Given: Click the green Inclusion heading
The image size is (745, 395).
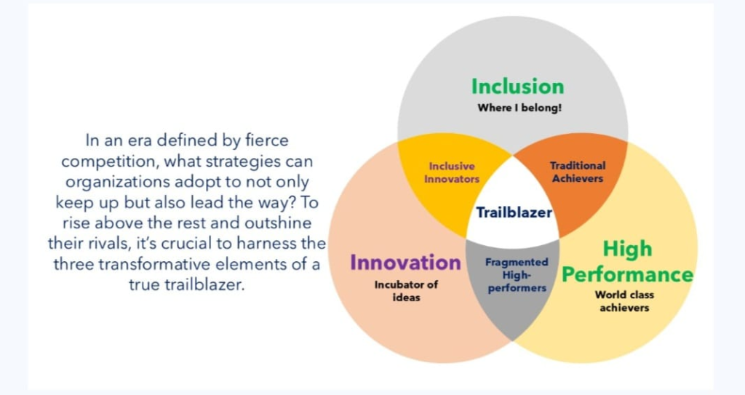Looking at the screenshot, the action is [517, 87].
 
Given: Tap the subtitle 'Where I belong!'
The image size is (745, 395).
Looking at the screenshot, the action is [519, 108].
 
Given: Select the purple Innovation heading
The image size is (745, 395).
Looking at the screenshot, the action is [405, 263].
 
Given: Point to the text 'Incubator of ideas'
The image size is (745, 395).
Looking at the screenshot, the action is [406, 291].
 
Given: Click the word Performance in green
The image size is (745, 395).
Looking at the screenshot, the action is [627, 275].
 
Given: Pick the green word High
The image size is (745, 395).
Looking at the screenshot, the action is [627, 249].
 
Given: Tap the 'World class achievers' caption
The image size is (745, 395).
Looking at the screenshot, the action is [624, 301].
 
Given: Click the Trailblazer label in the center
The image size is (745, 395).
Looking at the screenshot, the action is [514, 212].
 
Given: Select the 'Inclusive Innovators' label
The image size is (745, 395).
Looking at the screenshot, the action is [452, 172].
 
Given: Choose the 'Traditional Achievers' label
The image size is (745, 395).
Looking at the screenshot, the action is [578, 172].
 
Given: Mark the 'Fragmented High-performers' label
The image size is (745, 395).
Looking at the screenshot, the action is [517, 275].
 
